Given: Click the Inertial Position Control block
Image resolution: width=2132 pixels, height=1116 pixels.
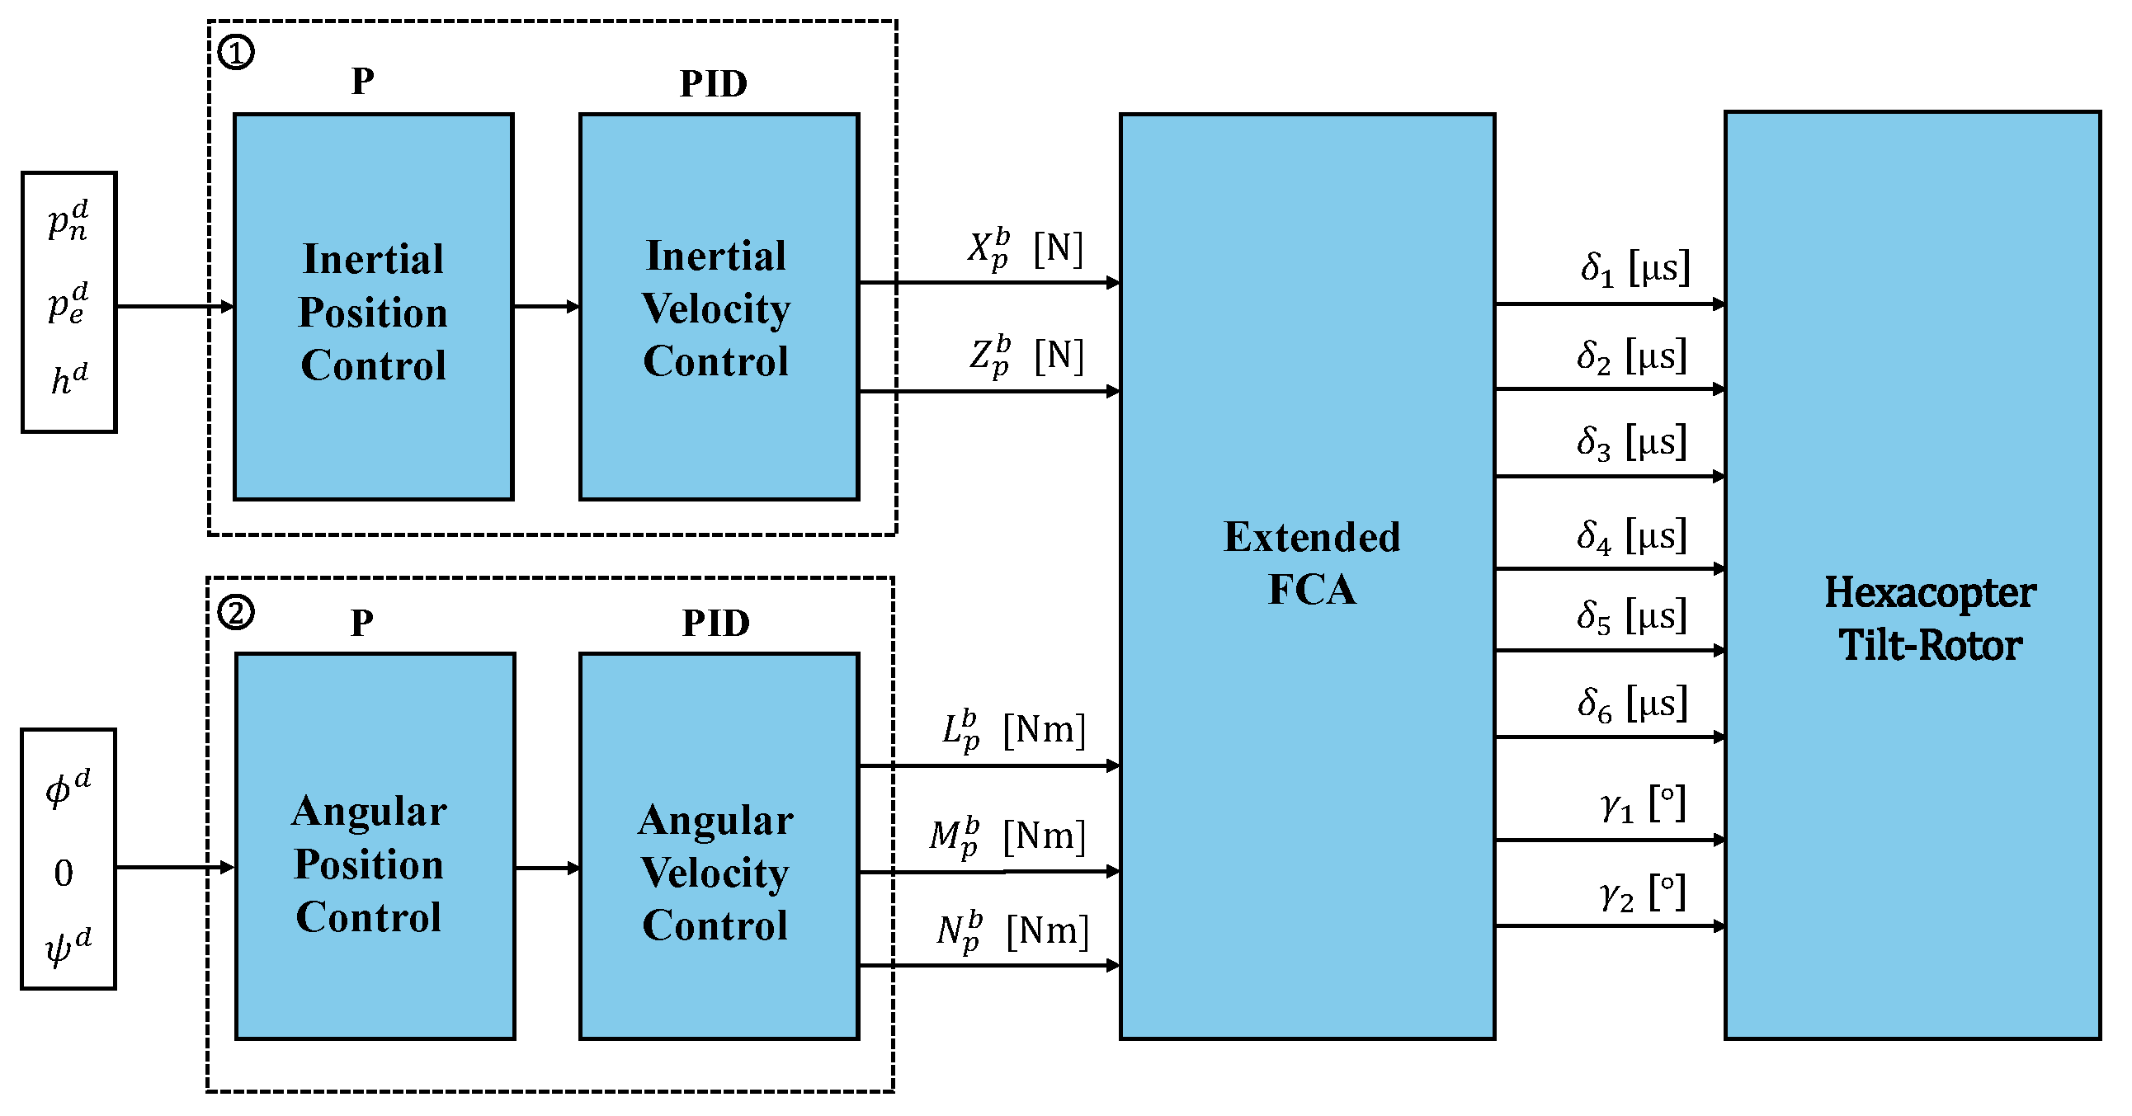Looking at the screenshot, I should pos(373,308).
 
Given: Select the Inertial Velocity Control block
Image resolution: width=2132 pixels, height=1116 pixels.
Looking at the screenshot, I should pos(718,308).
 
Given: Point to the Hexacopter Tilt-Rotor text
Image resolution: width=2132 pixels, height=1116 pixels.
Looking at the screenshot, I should pos(1930,619).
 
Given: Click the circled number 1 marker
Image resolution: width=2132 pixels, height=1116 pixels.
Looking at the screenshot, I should pos(236,53).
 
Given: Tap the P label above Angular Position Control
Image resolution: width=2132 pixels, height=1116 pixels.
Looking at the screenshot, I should pos(361,623).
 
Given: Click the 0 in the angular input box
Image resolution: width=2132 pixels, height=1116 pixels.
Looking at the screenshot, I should pos(64,873).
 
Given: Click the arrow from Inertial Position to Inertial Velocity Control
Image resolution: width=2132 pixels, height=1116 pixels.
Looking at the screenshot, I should pos(546,307).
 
